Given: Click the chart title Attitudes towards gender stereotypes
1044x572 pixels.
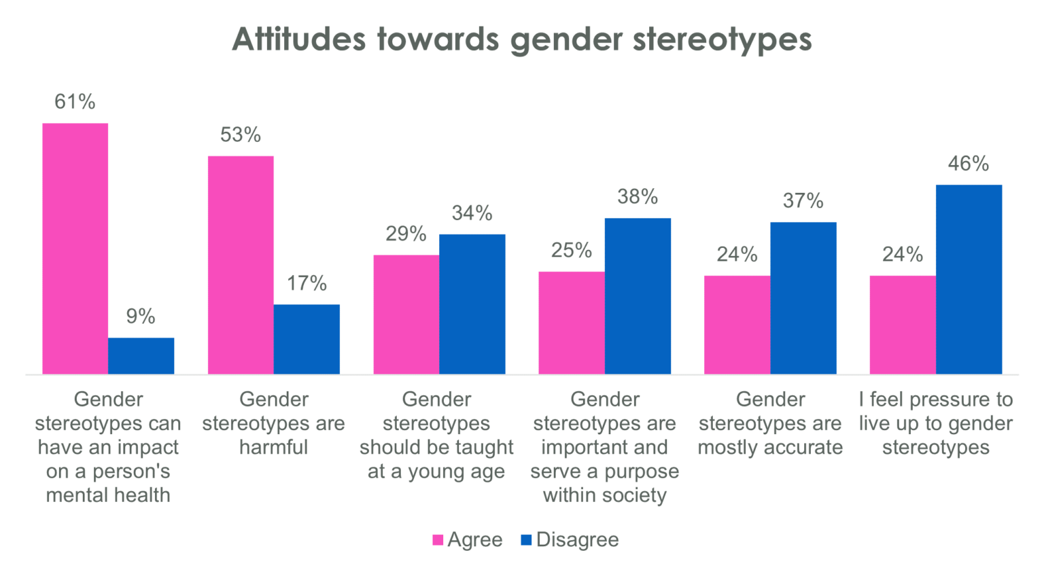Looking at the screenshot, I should (521, 39).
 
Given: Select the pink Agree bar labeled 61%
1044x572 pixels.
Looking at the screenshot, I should (75, 249).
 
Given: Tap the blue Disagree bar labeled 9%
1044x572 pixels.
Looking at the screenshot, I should (141, 356).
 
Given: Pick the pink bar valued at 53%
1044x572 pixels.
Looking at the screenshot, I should (241, 265).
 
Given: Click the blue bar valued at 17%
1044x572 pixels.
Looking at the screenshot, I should (307, 339).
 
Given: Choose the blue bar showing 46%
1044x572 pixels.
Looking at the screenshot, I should (969, 279).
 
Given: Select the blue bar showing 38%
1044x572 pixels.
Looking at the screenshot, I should (638, 296).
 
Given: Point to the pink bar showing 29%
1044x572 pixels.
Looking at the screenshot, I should (406, 315).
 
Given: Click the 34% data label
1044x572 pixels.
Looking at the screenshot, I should (472, 213).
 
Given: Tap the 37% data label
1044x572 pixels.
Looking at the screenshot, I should (803, 201).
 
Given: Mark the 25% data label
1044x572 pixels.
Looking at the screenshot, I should (571, 251).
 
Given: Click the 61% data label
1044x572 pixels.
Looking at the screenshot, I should (75, 102).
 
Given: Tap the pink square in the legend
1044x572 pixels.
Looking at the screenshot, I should (438, 541).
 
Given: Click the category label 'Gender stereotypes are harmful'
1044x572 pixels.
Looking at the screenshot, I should (273, 423).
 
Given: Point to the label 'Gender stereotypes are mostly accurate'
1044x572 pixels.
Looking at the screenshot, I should (770, 423).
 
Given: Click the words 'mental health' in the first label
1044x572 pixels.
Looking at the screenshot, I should (108, 495).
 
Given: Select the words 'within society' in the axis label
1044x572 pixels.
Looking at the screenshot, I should (604, 495).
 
